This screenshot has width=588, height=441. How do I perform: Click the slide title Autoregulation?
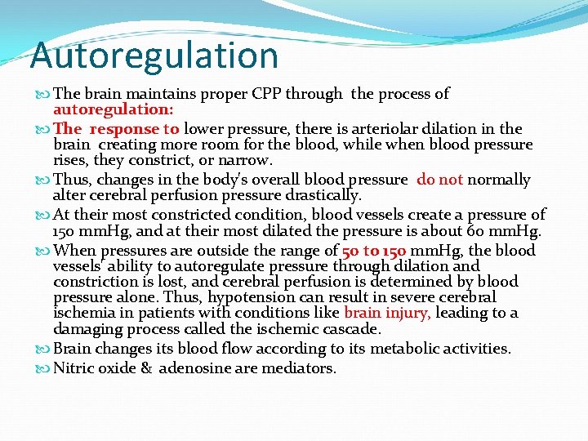pos(154,56)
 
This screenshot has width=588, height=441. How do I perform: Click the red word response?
pos(124,129)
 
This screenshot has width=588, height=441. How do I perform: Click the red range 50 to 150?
pos(372,251)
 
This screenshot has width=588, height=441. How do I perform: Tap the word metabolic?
pos(406,349)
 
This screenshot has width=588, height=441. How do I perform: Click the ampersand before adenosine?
pos(146,368)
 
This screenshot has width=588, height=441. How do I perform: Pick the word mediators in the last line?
pos(301,368)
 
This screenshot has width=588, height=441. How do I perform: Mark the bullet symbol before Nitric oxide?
pos(43,368)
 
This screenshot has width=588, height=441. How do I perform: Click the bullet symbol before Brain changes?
pos(43,349)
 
